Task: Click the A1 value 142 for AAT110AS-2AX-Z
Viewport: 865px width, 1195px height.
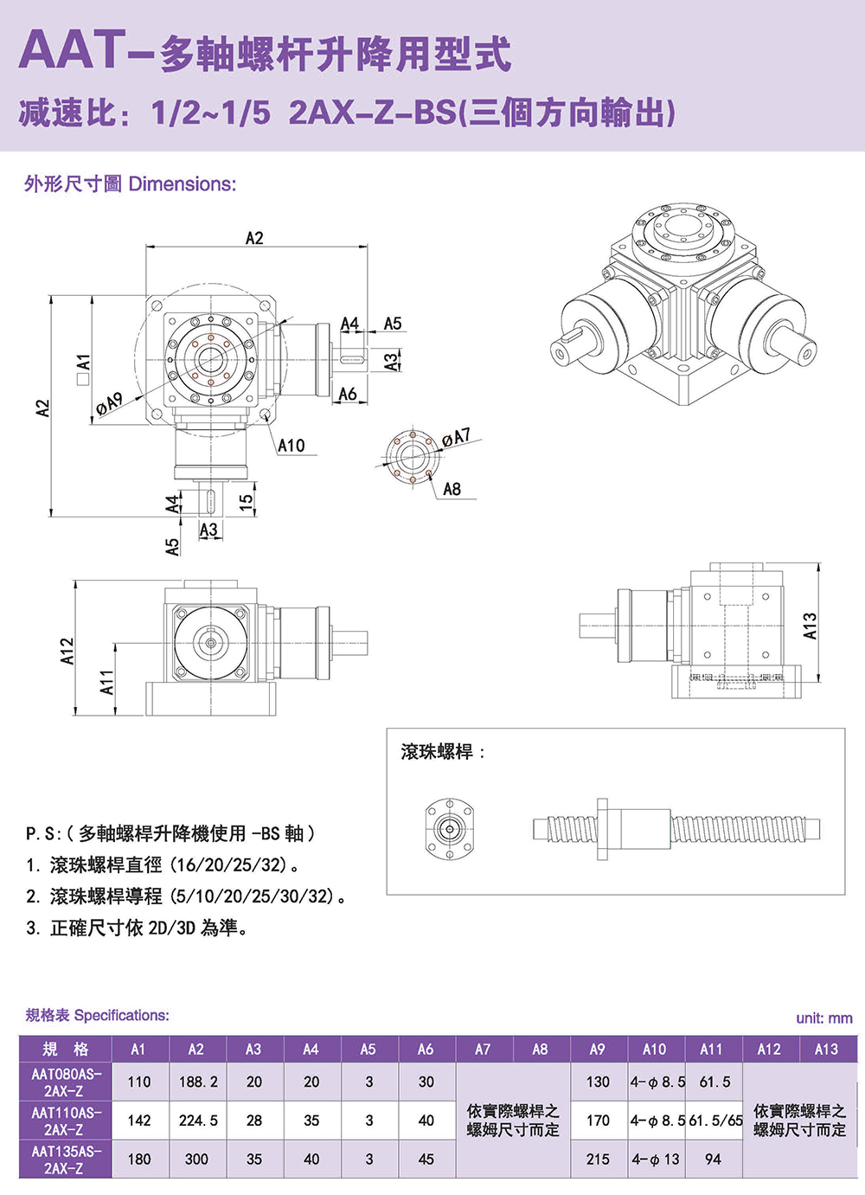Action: pos(138,1121)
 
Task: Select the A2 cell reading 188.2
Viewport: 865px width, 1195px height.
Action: pos(198,1082)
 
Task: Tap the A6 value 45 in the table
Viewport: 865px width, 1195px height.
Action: pos(426,1160)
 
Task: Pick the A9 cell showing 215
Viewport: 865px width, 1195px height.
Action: pos(598,1160)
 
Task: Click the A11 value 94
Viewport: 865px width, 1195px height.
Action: pos(713,1160)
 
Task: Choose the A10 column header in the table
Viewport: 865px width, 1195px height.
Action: pos(654,1050)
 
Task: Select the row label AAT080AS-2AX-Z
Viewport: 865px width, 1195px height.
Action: pos(66,1082)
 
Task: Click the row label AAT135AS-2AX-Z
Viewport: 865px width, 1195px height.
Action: pos(66,1160)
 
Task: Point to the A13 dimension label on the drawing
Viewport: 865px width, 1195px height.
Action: pos(810,626)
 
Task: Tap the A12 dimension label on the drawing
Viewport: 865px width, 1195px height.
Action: pos(67,652)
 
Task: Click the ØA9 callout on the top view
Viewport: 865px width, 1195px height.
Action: pos(109,402)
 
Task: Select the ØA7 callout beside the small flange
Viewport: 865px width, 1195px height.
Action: pos(456,437)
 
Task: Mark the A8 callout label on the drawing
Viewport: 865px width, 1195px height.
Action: pos(452,490)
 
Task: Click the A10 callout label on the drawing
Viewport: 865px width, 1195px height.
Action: pos(291,446)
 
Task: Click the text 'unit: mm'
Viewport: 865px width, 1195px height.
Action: pos(823,1018)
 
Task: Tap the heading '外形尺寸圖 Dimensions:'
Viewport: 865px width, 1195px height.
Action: pos(130,184)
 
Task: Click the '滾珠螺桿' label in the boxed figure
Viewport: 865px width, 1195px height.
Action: pos(438,752)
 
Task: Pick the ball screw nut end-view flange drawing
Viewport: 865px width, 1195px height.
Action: pos(449,829)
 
